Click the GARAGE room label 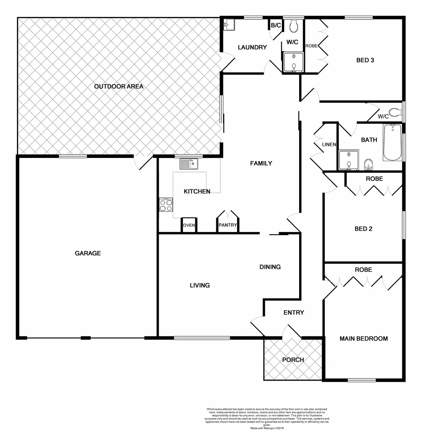click(88, 253)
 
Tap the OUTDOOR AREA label click(119, 86)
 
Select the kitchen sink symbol click(188, 164)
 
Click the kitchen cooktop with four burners click(166, 205)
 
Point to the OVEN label click(189, 226)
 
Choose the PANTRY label click(227, 226)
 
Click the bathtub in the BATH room click(392, 142)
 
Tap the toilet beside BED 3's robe click(294, 26)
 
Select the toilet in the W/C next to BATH click(394, 112)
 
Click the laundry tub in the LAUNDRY click(229, 25)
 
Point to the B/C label click(276, 25)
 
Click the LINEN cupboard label click(329, 145)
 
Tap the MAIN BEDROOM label click(364, 339)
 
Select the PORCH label click(293, 360)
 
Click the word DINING click(270, 267)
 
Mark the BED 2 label click(363, 229)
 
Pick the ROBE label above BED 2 click(374, 178)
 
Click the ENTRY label click(294, 313)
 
